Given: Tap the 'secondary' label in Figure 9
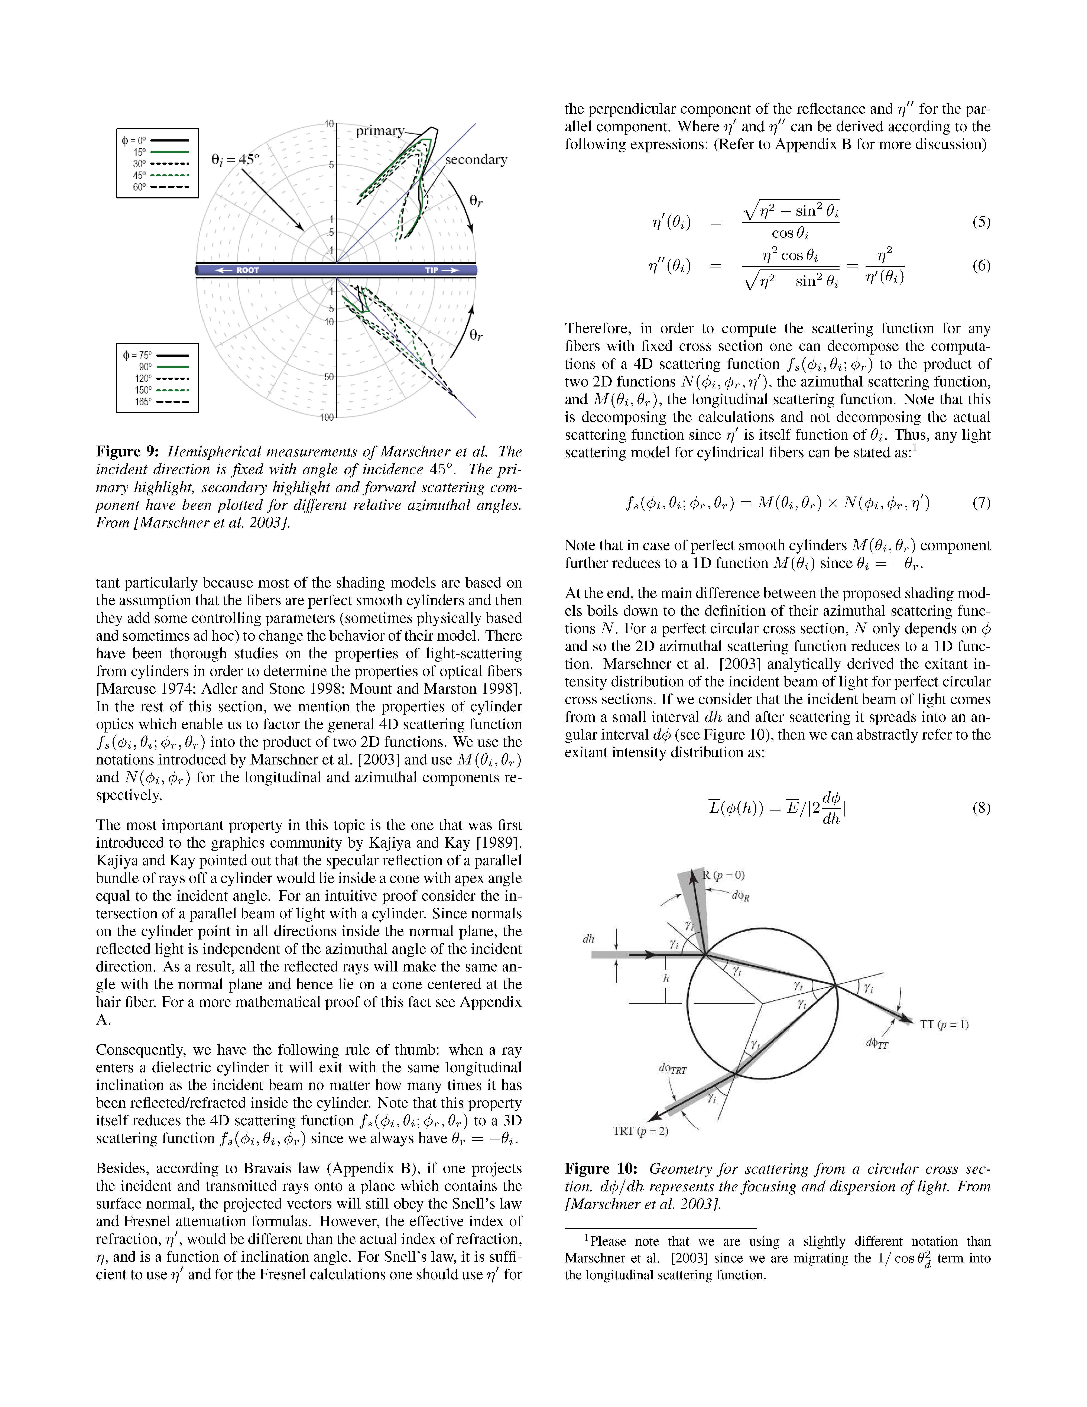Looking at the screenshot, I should coord(476,160).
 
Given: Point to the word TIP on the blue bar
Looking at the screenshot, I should coord(432,270).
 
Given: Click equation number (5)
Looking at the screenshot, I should coord(981,222).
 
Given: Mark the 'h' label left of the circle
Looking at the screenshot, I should coord(666,978).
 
